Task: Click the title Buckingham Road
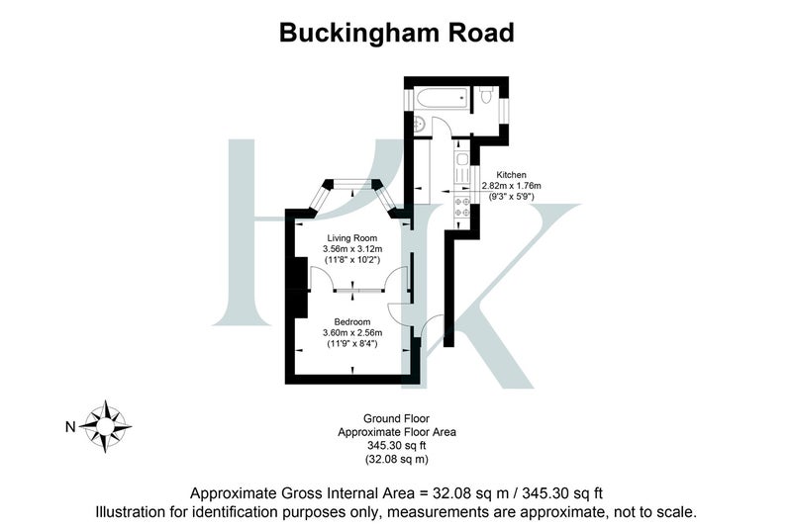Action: pos(397,33)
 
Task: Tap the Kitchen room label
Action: pos(511,175)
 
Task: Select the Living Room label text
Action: pos(352,238)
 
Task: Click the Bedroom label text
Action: pos(352,321)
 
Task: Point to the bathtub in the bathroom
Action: pos(442,98)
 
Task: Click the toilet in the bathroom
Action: pos(486,95)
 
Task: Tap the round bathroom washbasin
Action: pos(419,124)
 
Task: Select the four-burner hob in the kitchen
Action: pos(462,207)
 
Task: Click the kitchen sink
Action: pos(462,166)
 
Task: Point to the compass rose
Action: pos(105,426)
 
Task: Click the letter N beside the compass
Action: pos(70,427)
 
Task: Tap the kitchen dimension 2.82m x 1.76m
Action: pos(511,186)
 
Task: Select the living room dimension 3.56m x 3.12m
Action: pos(352,249)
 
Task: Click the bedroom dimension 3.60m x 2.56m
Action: pos(352,333)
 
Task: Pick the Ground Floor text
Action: pos(397,418)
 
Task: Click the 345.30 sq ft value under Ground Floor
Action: pos(397,446)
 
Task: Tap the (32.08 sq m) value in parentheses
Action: pos(397,460)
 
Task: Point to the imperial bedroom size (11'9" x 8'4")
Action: pos(352,344)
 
